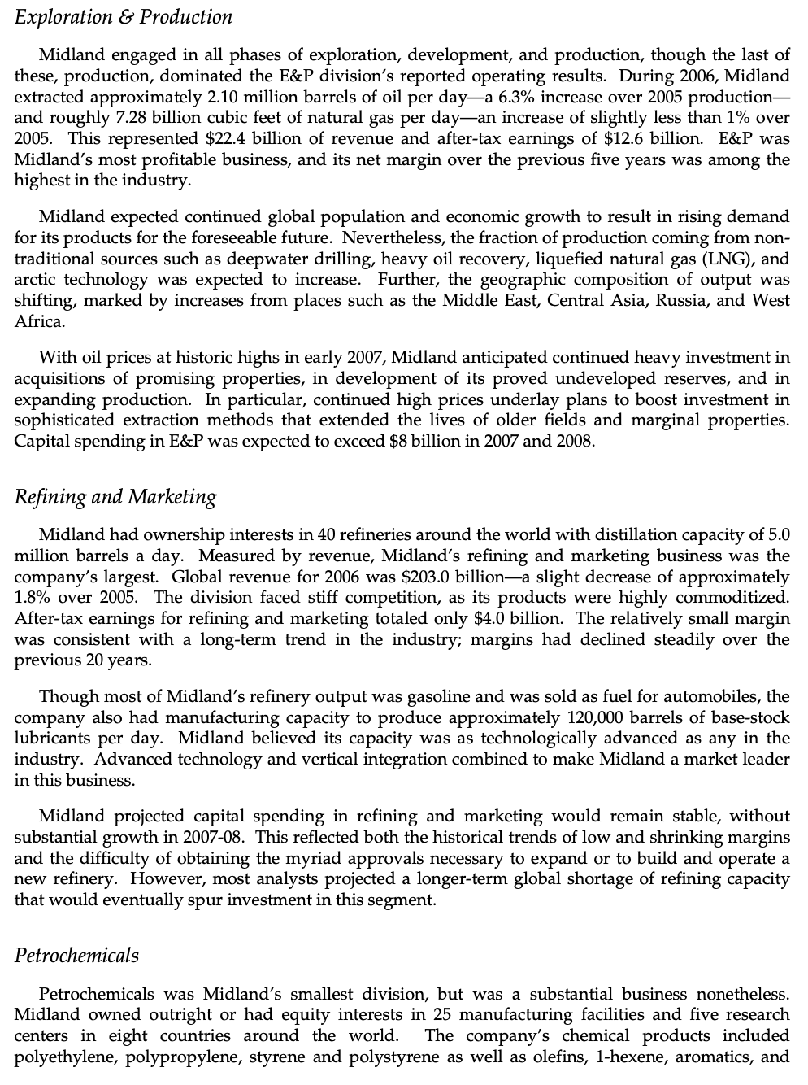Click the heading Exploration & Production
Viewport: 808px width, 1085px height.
click(x=124, y=17)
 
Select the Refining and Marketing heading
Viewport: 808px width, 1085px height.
click(x=115, y=497)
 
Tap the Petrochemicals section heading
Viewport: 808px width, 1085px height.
click(x=76, y=956)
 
